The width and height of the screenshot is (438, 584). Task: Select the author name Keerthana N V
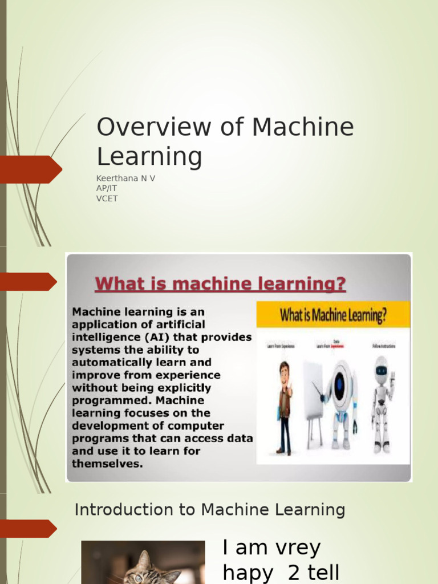[125, 179]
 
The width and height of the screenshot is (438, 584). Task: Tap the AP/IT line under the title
[108, 189]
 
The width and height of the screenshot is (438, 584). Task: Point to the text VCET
[107, 199]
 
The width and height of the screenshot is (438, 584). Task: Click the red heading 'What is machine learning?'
[220, 283]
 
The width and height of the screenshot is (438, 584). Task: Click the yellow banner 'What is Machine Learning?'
[333, 315]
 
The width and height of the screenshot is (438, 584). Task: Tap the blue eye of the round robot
[340, 385]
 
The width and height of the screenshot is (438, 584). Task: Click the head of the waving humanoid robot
[382, 370]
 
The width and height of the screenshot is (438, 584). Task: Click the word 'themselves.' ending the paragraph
[107, 464]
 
